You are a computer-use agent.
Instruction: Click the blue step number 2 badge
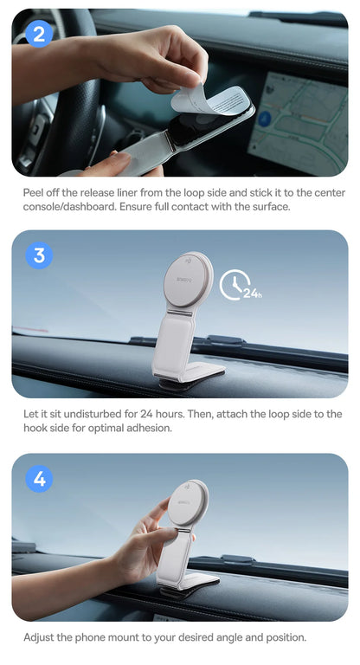[x=39, y=34]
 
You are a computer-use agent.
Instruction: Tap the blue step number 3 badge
[x=39, y=256]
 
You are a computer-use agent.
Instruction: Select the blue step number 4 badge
[x=39, y=479]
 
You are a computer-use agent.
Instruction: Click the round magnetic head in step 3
[x=189, y=278]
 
